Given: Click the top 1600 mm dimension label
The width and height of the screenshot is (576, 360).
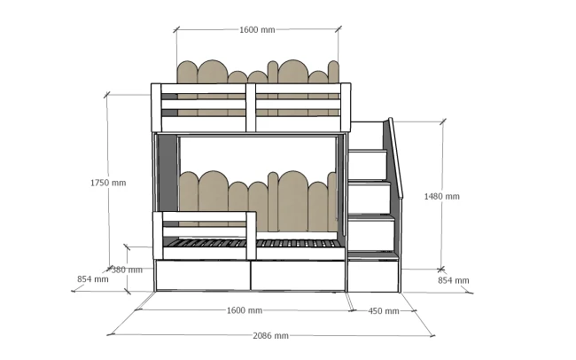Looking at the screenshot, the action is (257, 30).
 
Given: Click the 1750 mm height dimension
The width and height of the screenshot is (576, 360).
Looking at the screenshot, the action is (108, 183).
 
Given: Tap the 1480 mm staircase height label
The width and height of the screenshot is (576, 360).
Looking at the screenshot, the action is (441, 196).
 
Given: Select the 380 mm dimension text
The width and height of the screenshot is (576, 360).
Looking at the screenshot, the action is (127, 270).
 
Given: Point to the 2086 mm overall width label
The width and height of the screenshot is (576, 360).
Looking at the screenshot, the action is (271, 336).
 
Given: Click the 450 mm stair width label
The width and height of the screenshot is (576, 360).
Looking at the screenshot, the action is (384, 311).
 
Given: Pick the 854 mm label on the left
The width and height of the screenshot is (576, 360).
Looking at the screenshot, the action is (92, 279).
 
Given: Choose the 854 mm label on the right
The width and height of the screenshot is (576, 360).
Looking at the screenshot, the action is (454, 280).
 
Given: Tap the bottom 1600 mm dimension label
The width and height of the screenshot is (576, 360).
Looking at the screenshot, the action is (245, 310).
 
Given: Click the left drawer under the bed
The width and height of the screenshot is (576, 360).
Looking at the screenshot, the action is (203, 275).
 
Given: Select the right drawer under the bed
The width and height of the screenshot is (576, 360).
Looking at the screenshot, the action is (298, 276).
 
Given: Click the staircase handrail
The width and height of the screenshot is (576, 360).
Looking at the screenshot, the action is (396, 158).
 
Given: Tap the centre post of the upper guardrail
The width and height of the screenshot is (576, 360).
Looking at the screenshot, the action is (251, 107).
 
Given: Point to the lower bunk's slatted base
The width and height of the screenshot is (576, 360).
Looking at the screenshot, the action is (253, 244).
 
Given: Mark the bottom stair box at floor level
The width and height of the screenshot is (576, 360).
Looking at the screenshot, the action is (373, 276).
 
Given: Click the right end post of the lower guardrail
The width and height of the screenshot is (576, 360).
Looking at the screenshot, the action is (252, 236).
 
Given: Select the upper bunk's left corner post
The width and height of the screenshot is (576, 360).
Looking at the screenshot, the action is (156, 107).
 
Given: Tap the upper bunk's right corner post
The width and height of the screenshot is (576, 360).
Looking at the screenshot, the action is (346, 107).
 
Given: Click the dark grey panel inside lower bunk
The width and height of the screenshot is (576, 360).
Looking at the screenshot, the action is (167, 173).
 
